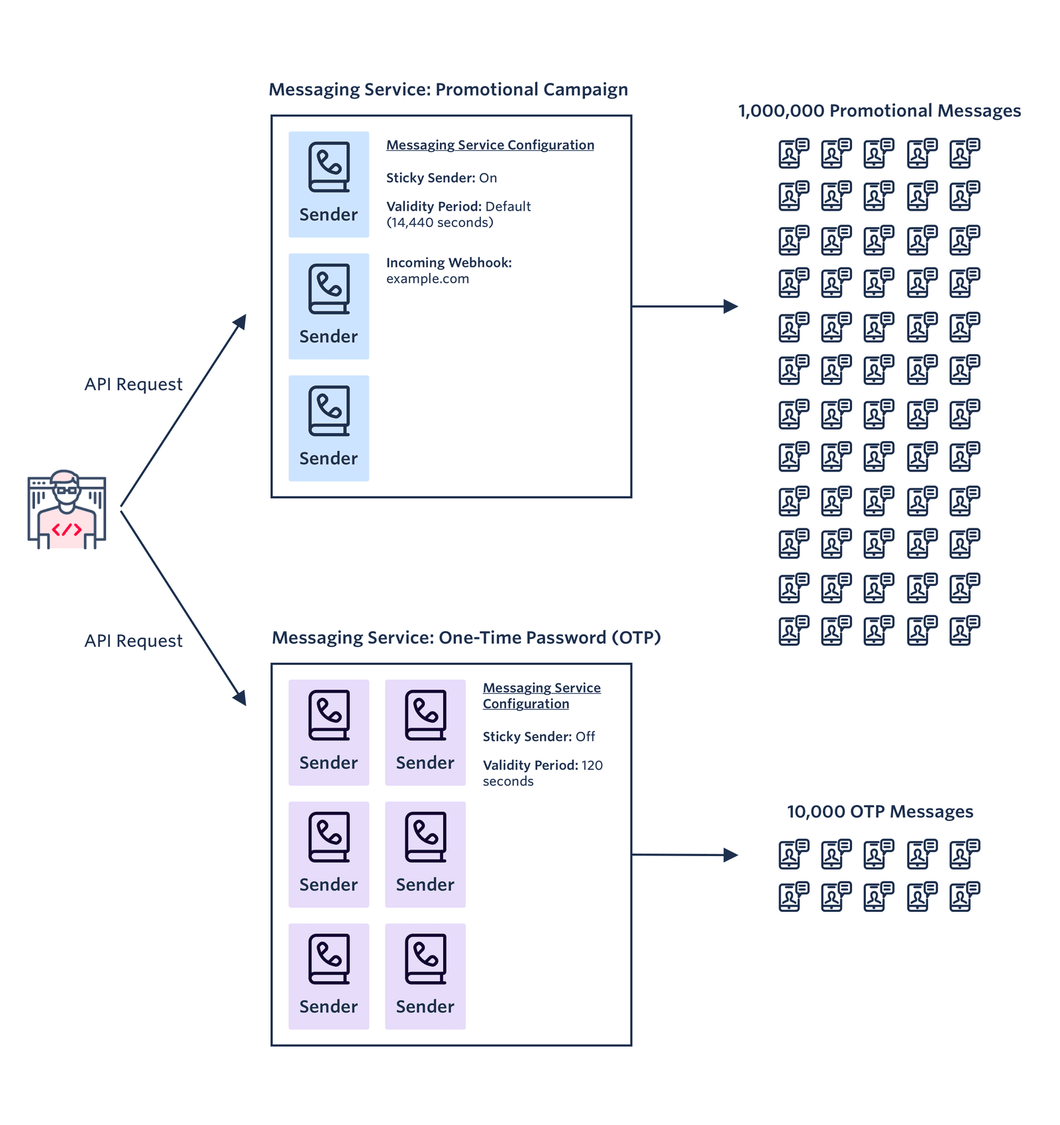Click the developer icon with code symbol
tap(66, 510)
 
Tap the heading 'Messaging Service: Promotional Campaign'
tap(448, 90)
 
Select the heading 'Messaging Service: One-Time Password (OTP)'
tap(466, 638)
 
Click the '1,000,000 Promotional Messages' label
tap(879, 111)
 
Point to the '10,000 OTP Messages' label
tap(879, 812)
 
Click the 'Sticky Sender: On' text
tap(441, 178)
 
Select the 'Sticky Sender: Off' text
tap(538, 736)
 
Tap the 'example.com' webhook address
tap(427, 279)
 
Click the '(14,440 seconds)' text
tap(439, 223)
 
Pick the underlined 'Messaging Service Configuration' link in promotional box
tap(490, 145)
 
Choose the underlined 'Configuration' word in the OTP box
tap(525, 704)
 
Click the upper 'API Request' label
tap(133, 385)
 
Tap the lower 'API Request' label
tap(133, 641)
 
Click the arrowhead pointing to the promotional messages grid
tap(731, 307)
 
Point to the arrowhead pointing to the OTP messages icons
tap(731, 855)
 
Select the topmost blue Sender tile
tap(329, 184)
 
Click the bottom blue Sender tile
tap(329, 428)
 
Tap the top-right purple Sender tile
tap(425, 732)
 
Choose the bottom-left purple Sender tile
tap(329, 976)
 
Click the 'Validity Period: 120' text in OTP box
tap(542, 765)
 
